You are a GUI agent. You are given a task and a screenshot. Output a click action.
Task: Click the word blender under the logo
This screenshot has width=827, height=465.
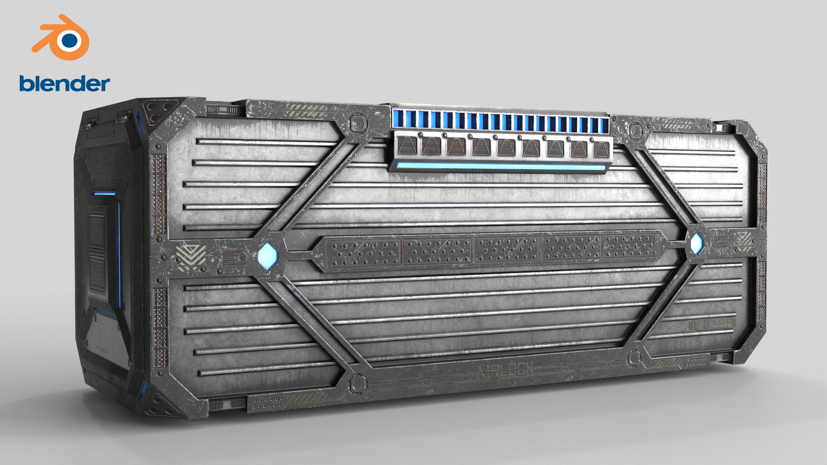65,84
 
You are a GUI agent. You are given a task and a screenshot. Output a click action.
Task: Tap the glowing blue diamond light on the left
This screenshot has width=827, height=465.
267,256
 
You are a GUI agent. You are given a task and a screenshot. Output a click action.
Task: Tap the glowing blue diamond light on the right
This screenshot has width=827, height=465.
696,244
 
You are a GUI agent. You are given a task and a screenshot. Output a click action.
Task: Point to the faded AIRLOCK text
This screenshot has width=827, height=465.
506,370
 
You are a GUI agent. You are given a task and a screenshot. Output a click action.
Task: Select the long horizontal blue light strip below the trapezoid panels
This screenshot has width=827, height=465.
500,166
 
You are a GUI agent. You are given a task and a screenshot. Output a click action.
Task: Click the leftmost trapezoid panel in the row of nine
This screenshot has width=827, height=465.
406,146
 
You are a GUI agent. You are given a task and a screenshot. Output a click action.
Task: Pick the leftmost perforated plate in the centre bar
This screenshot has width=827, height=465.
364,252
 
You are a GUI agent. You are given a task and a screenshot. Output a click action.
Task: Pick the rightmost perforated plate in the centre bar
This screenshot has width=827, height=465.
631,247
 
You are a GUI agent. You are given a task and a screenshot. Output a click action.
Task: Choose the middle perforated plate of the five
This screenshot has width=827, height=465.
507,249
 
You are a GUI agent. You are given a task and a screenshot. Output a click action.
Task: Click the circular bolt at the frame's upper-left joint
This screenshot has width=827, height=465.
358,124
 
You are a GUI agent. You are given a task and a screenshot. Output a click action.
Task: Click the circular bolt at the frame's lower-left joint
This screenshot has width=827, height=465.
357,383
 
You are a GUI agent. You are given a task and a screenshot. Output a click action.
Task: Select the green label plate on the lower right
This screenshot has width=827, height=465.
712,323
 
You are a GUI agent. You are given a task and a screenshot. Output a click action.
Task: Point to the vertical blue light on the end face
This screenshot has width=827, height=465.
120,254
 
